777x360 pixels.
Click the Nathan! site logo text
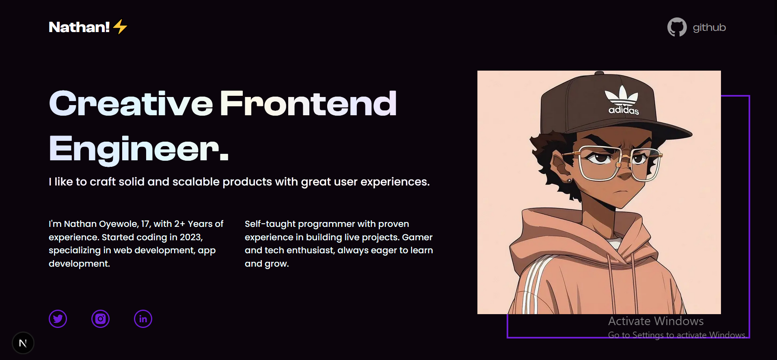(x=79, y=27)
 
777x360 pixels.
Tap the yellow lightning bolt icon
(x=120, y=27)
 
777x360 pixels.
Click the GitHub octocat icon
(x=677, y=27)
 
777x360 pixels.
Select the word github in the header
(x=709, y=28)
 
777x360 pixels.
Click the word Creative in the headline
(x=131, y=103)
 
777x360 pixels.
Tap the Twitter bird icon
(x=58, y=319)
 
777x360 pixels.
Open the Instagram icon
(x=101, y=319)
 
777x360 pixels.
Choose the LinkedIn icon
(x=143, y=319)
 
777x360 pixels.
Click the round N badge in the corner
(x=23, y=343)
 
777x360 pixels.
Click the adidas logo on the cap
(x=623, y=100)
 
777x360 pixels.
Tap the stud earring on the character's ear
(x=569, y=181)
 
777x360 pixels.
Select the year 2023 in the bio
(x=190, y=237)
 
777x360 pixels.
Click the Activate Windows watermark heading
(x=656, y=321)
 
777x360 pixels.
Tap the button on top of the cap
(x=599, y=73)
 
